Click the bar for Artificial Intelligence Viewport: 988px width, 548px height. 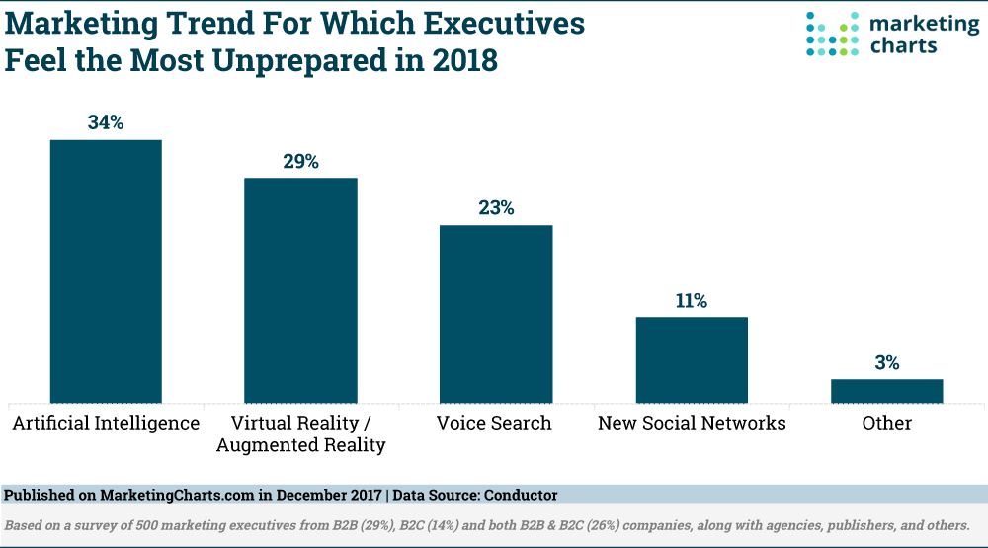(x=106, y=271)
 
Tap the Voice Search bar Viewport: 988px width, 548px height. (x=496, y=313)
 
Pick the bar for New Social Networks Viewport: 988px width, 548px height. (x=692, y=359)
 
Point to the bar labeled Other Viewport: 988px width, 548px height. (x=886, y=391)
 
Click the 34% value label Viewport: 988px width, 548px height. (x=106, y=123)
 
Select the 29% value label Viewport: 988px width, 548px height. (x=300, y=162)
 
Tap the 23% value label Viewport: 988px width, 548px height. (x=496, y=208)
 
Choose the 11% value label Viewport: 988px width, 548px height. (x=692, y=301)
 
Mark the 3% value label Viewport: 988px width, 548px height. (x=886, y=362)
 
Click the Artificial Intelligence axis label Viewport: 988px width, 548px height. (x=106, y=424)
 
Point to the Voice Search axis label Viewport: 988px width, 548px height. (x=494, y=424)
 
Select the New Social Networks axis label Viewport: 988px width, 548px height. (x=692, y=424)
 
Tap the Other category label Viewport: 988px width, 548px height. (x=886, y=424)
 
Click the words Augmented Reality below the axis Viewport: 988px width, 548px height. (x=300, y=445)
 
